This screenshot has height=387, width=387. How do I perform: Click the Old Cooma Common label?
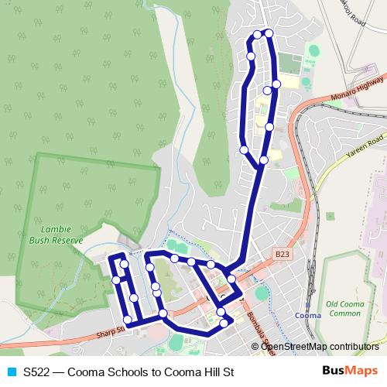(344, 309)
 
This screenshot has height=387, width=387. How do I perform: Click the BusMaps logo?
(348, 372)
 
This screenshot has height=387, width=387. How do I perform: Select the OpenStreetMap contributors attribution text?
(320, 346)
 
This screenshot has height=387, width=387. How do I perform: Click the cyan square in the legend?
(11, 372)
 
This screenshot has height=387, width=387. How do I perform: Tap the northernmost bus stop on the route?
(269, 33)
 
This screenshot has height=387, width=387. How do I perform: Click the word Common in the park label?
(344, 313)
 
